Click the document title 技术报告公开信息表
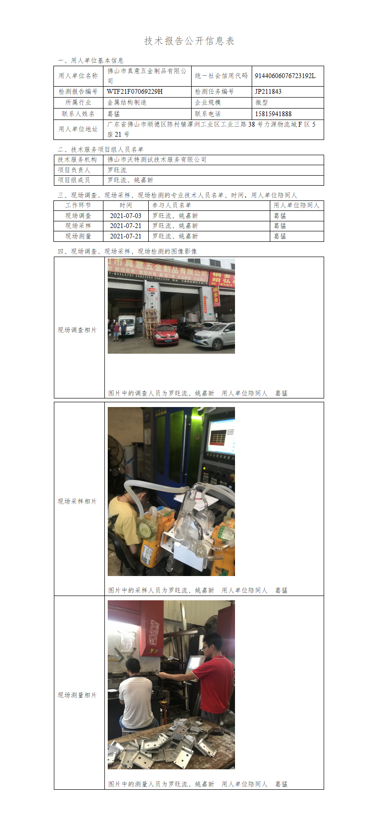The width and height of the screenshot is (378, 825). tap(189, 41)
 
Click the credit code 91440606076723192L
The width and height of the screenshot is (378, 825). tap(285, 76)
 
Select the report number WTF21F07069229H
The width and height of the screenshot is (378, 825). tap(134, 91)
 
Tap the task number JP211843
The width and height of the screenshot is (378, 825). tap(268, 91)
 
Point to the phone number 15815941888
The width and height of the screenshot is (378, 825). tap(273, 114)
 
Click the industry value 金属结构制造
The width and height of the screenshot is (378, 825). tap(127, 102)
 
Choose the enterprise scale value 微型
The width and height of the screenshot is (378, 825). tap(262, 102)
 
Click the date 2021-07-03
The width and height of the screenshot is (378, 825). tap(126, 216)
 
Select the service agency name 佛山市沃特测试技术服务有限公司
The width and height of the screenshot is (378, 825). tap(157, 159)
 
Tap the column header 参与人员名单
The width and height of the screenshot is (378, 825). tap(172, 205)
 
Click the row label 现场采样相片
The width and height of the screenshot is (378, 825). tap(77, 501)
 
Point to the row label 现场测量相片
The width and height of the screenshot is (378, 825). tap(77, 695)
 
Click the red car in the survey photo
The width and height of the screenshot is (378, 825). tap(166, 334)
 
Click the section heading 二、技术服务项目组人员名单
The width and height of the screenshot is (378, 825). tap(101, 149)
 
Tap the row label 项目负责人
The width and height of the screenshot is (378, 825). tap(74, 170)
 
